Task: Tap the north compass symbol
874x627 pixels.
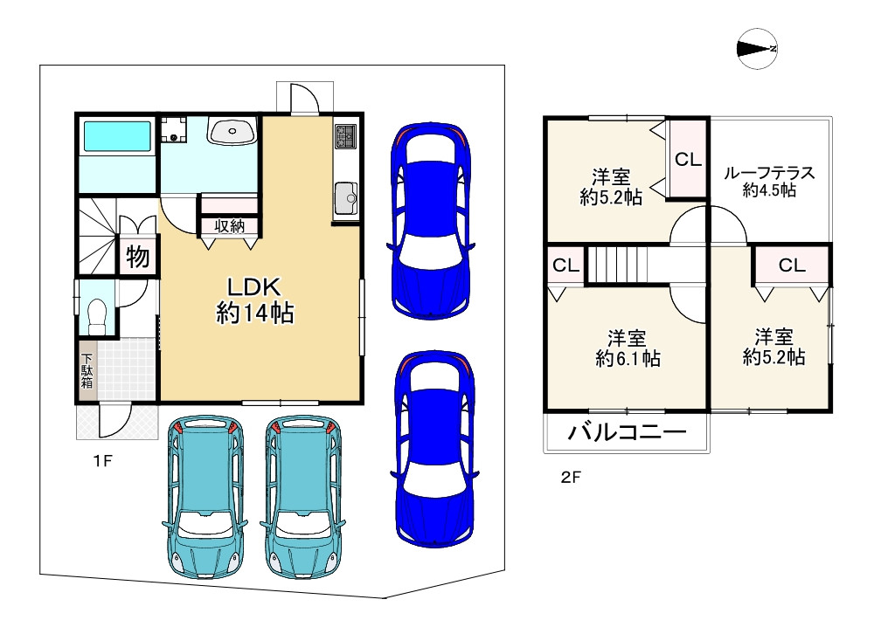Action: tap(757, 49)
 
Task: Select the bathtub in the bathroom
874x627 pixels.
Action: tap(116, 136)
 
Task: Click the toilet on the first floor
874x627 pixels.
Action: tap(97, 316)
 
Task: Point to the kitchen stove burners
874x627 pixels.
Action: tap(345, 136)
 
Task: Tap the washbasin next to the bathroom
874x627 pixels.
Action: tap(232, 131)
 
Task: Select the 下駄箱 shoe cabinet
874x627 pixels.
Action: tap(87, 369)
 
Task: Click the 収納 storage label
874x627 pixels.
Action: tap(230, 226)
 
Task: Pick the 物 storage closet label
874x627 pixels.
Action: tap(138, 257)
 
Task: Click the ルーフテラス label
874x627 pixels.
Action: tap(769, 173)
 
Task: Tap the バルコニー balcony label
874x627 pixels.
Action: tap(627, 432)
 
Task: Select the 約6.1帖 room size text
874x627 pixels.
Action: tap(628, 358)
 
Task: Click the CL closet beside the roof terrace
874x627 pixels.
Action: tap(689, 159)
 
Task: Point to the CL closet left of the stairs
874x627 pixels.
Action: tap(566, 265)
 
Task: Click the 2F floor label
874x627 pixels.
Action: tap(571, 477)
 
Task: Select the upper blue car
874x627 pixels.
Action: tap(432, 221)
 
